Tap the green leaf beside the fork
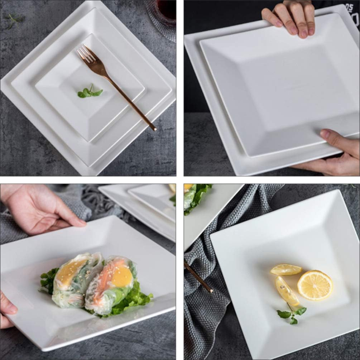coord(89,93)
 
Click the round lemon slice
coord(315,285)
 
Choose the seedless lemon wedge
coord(286,269)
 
